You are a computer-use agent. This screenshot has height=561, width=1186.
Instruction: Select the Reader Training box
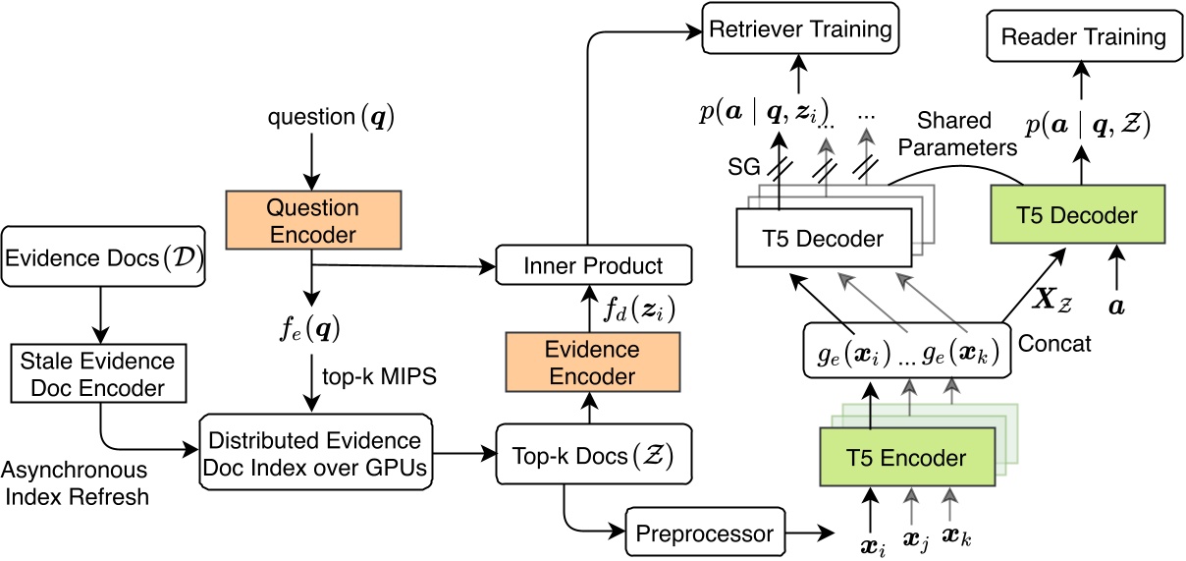pos(1083,37)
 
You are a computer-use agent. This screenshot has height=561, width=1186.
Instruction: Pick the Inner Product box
pos(593,265)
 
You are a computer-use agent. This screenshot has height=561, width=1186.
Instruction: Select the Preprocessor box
pos(705,534)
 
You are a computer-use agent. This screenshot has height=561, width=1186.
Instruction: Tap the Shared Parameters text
pos(967,134)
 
